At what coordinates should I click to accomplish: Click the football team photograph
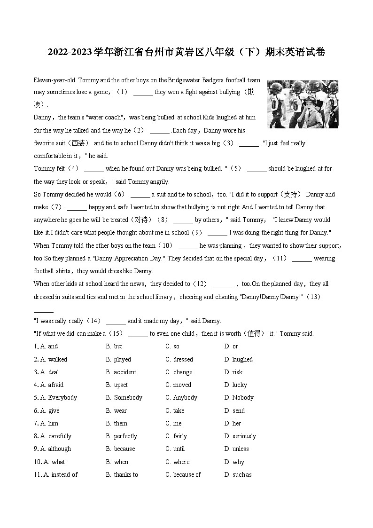pyautogui.click(x=303, y=104)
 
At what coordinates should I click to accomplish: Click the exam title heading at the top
pyautogui.click(x=186, y=52)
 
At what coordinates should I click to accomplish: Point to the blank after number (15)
pyautogui.click(x=138, y=334)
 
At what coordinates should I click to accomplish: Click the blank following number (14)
pyautogui.click(x=116, y=322)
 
